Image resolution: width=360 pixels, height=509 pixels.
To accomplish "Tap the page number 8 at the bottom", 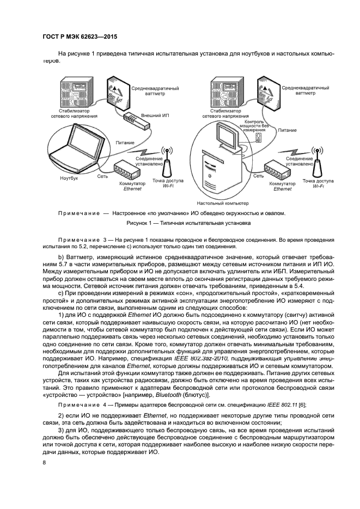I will tap(44, 463).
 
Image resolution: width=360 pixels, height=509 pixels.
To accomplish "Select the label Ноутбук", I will tap(69, 178).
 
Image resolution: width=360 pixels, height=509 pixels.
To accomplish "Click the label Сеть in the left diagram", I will tap(102, 177).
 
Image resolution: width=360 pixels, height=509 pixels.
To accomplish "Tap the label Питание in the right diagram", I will tap(287, 131).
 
